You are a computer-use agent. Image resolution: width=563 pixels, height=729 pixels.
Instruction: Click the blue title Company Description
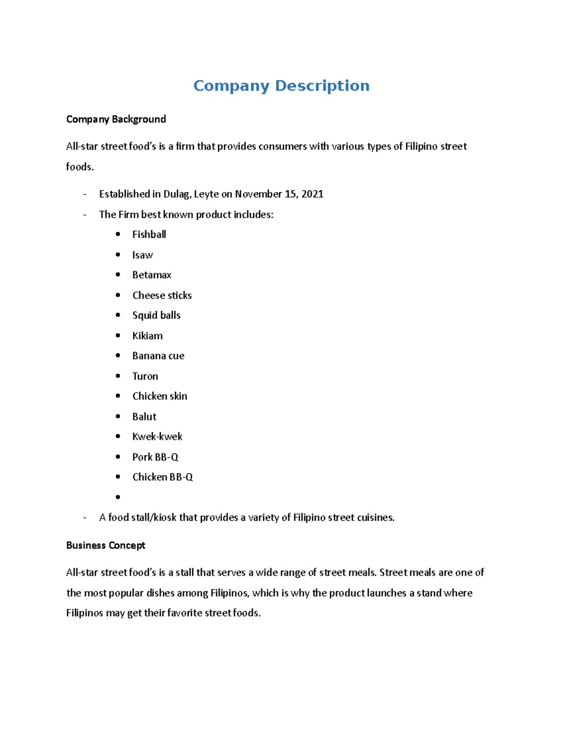click(x=281, y=86)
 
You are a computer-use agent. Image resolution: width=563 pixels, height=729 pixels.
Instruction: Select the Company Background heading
click(x=116, y=119)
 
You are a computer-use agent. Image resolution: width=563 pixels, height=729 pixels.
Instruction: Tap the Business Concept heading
click(x=106, y=545)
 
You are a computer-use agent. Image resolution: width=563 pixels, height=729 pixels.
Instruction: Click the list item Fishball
click(x=149, y=235)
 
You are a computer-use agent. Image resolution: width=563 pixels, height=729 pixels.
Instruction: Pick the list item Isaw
click(x=142, y=255)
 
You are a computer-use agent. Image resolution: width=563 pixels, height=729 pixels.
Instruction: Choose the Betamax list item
click(x=152, y=275)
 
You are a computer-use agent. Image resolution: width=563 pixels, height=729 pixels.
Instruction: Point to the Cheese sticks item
click(x=162, y=296)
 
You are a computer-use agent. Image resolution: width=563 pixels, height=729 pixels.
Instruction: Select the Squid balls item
click(x=156, y=315)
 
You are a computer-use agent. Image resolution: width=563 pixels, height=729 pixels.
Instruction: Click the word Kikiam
click(x=147, y=336)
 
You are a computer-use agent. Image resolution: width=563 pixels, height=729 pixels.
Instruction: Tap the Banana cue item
click(x=158, y=356)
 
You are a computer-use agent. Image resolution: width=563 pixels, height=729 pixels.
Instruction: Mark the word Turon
click(x=145, y=376)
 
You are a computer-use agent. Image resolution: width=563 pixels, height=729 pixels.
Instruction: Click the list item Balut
click(x=144, y=417)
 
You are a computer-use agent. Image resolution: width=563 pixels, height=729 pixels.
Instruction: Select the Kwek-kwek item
click(x=157, y=437)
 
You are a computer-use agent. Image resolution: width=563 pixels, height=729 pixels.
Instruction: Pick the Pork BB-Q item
click(x=155, y=457)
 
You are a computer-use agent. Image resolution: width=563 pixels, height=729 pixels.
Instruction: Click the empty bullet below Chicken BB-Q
click(x=118, y=497)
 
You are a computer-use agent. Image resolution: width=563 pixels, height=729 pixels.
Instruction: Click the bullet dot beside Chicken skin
click(x=118, y=396)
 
